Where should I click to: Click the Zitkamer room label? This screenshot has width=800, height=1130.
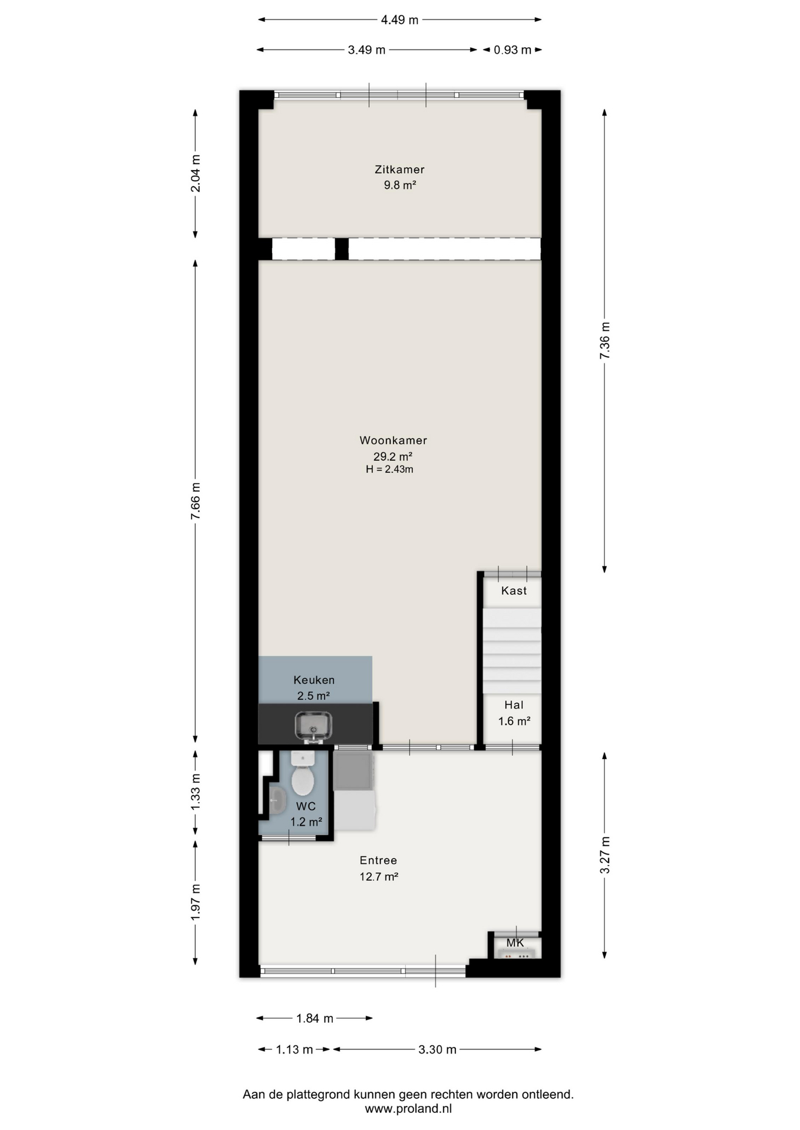click(x=399, y=169)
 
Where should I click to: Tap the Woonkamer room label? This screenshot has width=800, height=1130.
click(x=393, y=440)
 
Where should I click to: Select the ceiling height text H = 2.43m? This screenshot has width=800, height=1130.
click(x=389, y=470)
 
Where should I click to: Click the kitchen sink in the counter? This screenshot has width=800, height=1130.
click(x=313, y=726)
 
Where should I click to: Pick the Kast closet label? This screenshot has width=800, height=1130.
click(x=514, y=591)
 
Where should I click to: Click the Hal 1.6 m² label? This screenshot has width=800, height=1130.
click(x=514, y=713)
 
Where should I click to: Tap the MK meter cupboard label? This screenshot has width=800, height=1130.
click(x=515, y=943)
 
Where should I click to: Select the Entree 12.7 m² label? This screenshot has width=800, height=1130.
click(x=379, y=869)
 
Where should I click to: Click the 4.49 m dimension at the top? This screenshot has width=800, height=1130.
click(x=399, y=20)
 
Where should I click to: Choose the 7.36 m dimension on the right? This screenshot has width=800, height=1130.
click(x=605, y=340)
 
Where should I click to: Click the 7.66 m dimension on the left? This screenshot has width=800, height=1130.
click(x=196, y=501)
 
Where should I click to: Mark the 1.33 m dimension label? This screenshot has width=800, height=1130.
click(x=196, y=792)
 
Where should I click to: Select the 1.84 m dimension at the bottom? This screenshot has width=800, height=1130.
click(x=315, y=1018)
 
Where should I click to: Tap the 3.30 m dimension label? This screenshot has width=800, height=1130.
click(x=437, y=1049)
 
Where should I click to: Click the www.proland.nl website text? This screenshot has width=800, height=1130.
click(x=408, y=1109)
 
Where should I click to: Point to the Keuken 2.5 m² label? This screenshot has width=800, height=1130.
click(x=314, y=688)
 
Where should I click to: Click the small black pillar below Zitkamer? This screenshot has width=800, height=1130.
click(x=342, y=248)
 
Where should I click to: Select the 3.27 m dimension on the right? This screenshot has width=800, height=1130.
click(x=605, y=855)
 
